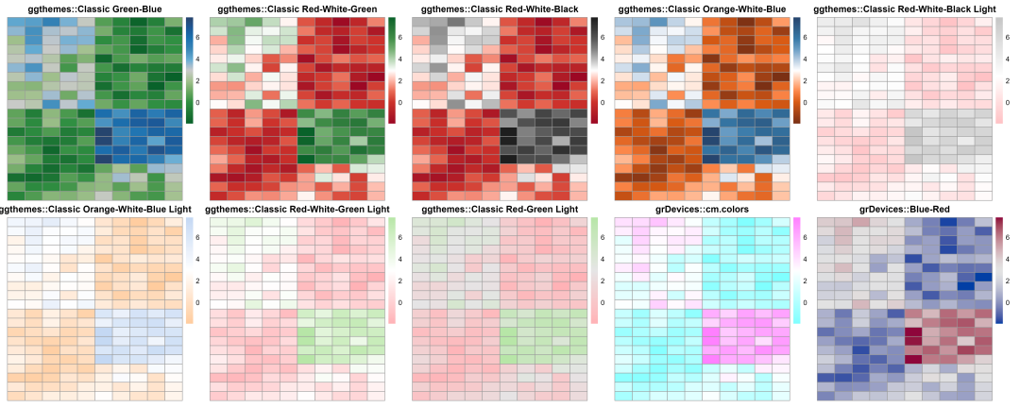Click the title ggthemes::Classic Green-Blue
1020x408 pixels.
pos(95,8)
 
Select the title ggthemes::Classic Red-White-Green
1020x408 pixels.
pos(297,8)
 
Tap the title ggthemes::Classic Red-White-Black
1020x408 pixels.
pos(500,8)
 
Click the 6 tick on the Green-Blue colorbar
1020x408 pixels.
pos(198,37)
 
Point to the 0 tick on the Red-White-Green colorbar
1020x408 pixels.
pos(400,101)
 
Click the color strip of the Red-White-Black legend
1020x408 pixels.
pos(594,69)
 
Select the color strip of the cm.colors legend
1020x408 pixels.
pos(796,270)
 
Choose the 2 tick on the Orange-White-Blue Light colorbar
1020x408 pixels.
pos(198,280)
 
